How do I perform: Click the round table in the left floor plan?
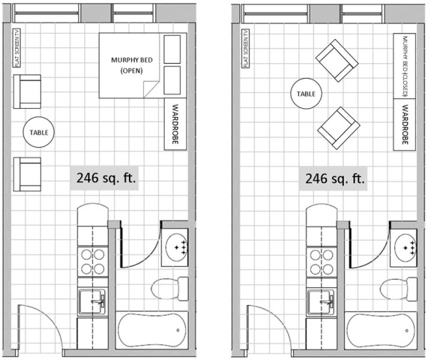coord(39,132)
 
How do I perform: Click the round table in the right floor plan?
coord(307,94)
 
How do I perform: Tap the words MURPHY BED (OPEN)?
coord(132,65)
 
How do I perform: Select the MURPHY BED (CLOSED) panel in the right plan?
coord(405,66)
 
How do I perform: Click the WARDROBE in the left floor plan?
coord(175,124)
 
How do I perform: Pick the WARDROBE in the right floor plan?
coord(405,124)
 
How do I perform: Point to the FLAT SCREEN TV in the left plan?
coord(16,48)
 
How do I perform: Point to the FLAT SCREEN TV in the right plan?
coord(245,48)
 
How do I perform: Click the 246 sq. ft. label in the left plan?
coord(106,178)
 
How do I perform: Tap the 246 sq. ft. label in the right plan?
coord(335,178)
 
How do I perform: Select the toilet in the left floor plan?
coord(170,289)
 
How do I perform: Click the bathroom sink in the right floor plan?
coord(403,247)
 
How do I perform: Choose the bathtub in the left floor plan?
coord(152,330)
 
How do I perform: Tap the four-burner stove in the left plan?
coord(92,262)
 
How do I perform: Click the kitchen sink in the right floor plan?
coord(321,302)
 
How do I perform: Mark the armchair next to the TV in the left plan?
coord(27,91)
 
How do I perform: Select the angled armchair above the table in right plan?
coord(337,61)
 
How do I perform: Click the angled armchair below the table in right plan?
coord(339,128)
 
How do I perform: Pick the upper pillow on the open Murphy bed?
coord(172,49)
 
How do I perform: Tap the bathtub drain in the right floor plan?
coord(407,331)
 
